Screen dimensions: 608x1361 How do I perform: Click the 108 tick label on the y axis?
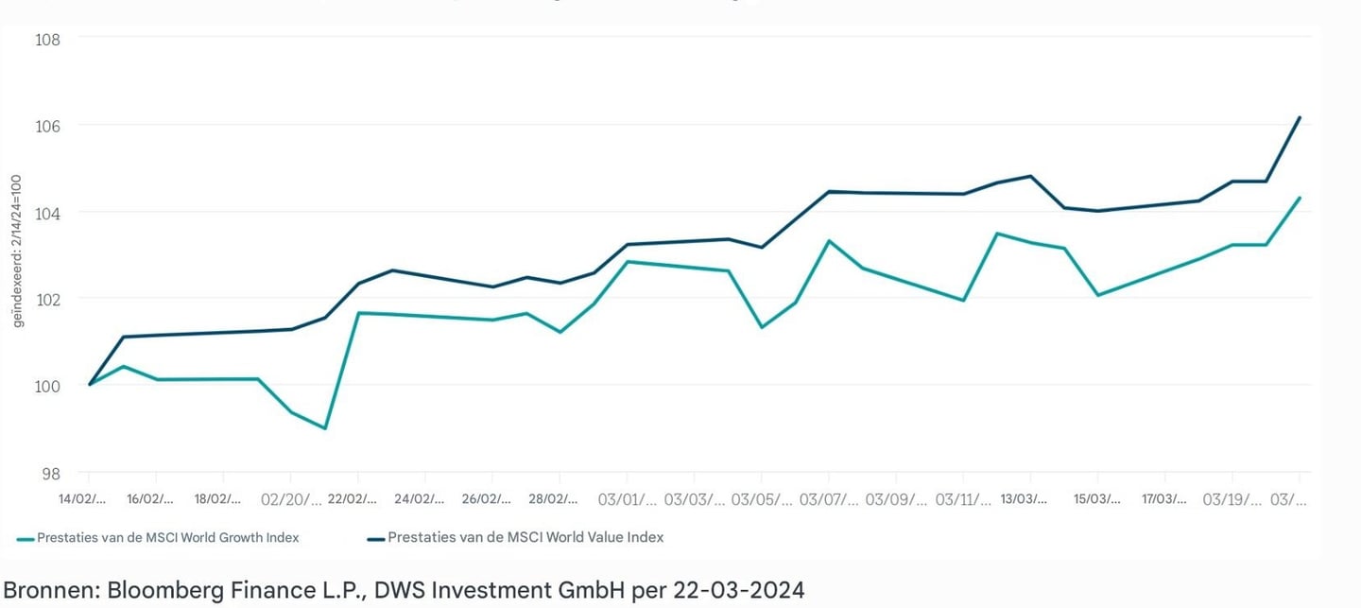click(47, 40)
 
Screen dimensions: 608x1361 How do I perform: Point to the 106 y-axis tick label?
click(47, 126)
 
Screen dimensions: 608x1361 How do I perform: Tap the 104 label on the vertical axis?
click(47, 213)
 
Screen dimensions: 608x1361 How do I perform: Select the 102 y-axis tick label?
click(47, 299)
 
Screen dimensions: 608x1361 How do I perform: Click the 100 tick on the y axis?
click(47, 386)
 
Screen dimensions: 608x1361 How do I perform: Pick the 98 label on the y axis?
click(51, 473)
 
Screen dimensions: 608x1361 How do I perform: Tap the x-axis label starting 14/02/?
click(82, 498)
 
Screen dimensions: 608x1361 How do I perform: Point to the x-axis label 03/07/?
click(829, 498)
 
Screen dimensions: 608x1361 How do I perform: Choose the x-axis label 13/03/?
click(1024, 498)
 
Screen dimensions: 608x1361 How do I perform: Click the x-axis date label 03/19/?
click(1232, 498)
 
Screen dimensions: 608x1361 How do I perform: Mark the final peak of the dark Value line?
click(1300, 117)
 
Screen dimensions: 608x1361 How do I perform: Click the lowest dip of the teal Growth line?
click(324, 428)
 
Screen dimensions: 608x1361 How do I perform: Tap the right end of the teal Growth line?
click(1300, 198)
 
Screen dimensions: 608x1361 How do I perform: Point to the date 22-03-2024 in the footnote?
click(739, 591)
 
